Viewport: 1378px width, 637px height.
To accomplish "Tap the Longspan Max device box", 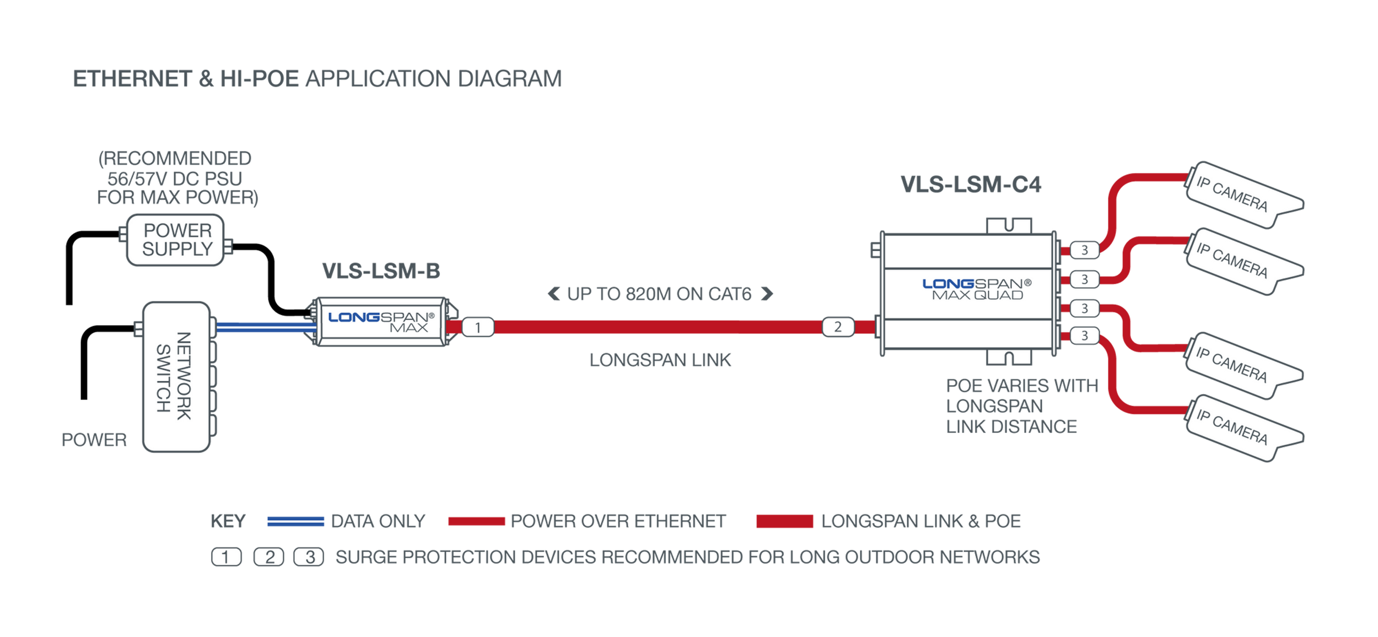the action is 380,322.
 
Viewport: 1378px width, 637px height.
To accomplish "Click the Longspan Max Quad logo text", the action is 976,289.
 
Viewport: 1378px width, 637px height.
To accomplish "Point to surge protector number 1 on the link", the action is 477,327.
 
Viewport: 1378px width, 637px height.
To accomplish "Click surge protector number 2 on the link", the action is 837,327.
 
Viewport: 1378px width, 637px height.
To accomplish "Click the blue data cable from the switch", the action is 265,328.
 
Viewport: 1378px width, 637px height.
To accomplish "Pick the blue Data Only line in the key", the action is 295,521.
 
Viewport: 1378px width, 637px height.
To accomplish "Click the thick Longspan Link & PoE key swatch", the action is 783,521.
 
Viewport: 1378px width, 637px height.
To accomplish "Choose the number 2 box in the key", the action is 269,557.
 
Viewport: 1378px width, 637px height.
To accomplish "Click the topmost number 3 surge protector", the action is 1084,250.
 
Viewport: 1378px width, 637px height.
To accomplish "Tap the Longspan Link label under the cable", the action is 660,360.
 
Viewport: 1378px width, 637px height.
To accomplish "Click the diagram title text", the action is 317,79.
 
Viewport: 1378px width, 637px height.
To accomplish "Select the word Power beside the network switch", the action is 94,440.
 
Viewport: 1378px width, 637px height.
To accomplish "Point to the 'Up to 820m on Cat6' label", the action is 659,294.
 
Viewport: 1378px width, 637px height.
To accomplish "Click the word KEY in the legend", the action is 228,521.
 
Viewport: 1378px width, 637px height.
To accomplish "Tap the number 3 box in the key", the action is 309,557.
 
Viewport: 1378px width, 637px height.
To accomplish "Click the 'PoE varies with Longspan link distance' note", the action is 1020,406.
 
